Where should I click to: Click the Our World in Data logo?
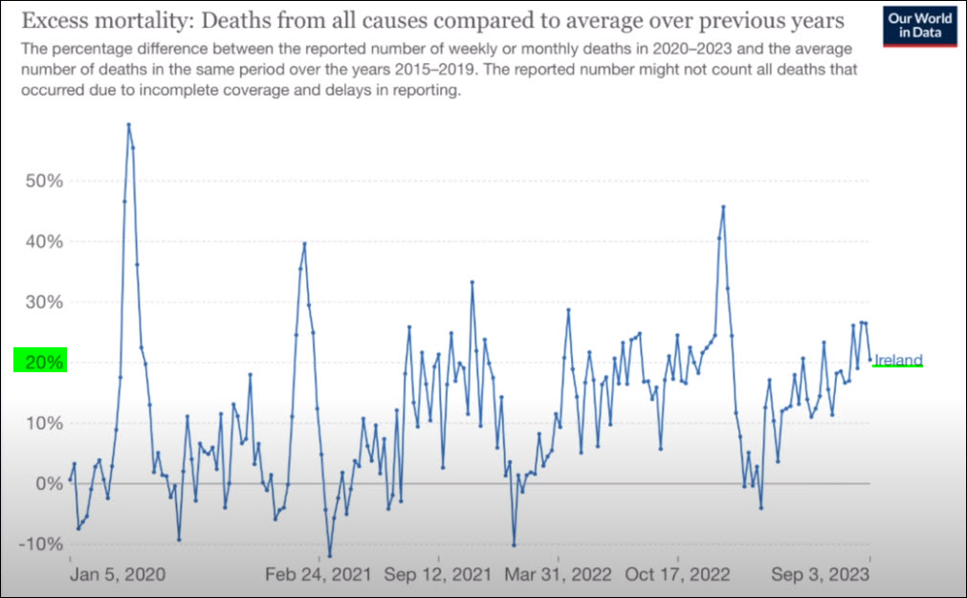[922, 28]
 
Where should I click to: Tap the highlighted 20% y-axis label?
[39, 362]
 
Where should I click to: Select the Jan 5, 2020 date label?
[117, 574]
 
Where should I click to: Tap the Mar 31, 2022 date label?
[558, 574]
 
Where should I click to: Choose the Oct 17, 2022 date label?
[677, 574]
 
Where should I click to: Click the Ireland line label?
[899, 360]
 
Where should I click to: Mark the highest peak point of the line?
[128, 124]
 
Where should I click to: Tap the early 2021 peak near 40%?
[304, 244]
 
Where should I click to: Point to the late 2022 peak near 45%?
[723, 207]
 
